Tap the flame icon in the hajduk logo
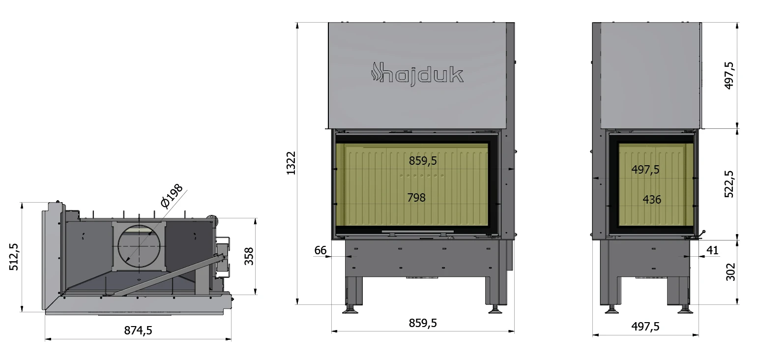(375, 71)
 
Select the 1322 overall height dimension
(291, 163)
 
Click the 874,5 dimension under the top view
(138, 330)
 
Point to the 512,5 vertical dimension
(14, 257)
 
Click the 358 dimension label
(249, 256)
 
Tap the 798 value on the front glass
(416, 197)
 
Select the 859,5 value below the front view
(423, 323)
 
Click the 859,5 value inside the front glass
(423, 160)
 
